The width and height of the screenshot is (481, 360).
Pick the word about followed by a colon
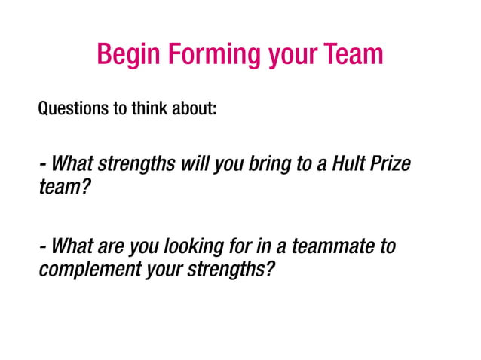pyautogui.click(x=198, y=110)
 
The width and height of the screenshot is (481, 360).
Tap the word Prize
pyautogui.click(x=394, y=164)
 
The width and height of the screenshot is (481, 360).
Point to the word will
pyautogui.click(x=193, y=164)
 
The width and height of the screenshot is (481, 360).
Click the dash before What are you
pyautogui.click(x=43, y=248)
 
